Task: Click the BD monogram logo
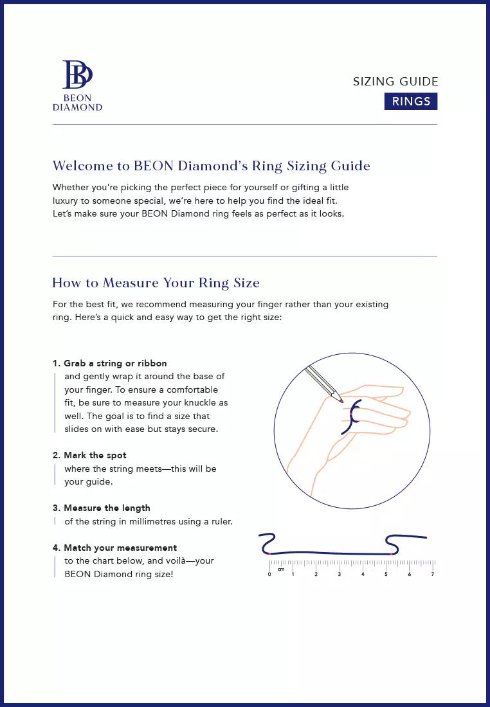[x=77, y=75]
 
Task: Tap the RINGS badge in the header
[x=411, y=102]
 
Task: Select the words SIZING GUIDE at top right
[x=395, y=82]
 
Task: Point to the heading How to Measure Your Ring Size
[x=156, y=283]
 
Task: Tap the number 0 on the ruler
[x=269, y=575]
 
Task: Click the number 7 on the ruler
[x=433, y=575]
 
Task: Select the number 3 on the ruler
[x=340, y=575]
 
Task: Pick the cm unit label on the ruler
[x=281, y=569]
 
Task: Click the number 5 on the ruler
[x=386, y=575]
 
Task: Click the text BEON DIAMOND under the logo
[x=77, y=103]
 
